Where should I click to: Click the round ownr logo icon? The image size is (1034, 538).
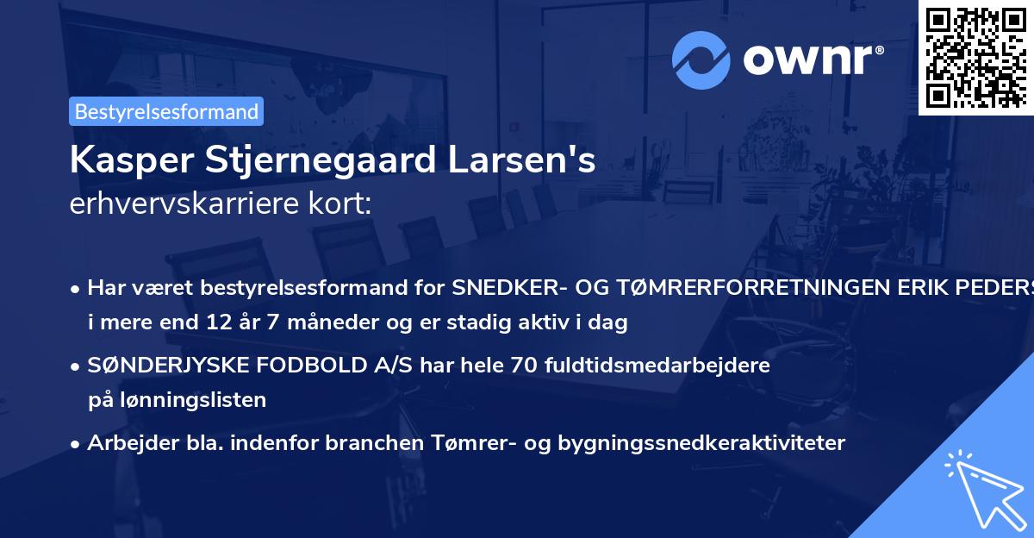coord(702,60)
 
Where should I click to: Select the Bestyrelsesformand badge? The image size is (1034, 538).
coord(166,111)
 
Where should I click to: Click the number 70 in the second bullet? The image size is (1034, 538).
coord(525,364)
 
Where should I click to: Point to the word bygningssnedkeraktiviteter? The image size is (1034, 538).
coord(702,443)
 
